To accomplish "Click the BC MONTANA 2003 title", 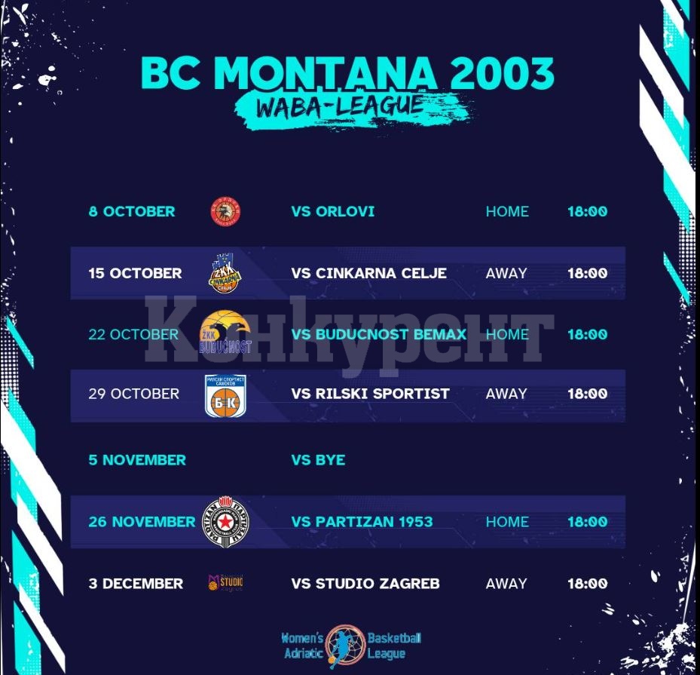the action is pyautogui.click(x=347, y=73).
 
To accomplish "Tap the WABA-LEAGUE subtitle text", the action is pyautogui.click(x=340, y=106).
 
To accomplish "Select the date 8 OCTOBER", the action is pyautogui.click(x=132, y=211).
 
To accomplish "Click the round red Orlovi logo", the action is pyautogui.click(x=225, y=211).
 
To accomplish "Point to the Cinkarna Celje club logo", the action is pyautogui.click(x=225, y=273).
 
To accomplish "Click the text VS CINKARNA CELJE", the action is pyautogui.click(x=368, y=273).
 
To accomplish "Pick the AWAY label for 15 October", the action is pyautogui.click(x=506, y=273).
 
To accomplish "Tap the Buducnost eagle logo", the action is pyautogui.click(x=225, y=332).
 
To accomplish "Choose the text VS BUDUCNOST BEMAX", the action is pyautogui.click(x=378, y=334).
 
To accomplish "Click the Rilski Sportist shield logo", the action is pyautogui.click(x=225, y=396).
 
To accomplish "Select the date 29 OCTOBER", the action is pyautogui.click(x=133, y=394).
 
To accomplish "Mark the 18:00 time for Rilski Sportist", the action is pyautogui.click(x=588, y=394).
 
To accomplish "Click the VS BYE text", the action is pyautogui.click(x=318, y=460).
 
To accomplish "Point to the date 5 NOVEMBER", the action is pyautogui.click(x=137, y=460).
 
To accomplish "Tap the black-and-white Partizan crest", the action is pyautogui.click(x=225, y=521).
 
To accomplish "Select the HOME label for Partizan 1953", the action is pyautogui.click(x=507, y=522).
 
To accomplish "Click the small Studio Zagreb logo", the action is pyautogui.click(x=225, y=582).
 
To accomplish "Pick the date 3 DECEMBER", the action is pyautogui.click(x=136, y=584).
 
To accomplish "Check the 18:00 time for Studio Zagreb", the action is pyautogui.click(x=588, y=584).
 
